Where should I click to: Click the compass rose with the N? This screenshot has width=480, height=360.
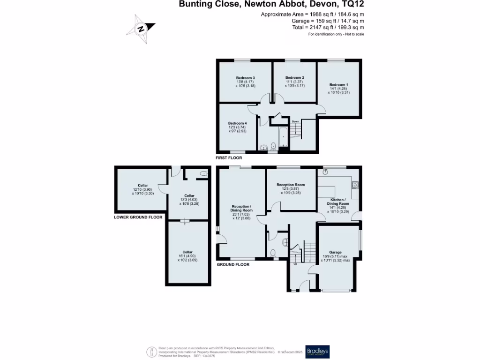(x=141, y=29)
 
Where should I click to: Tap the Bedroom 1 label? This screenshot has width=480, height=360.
(x=338, y=84)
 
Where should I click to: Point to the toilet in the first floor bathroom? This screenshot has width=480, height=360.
(x=274, y=146)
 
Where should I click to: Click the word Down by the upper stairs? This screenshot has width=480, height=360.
(x=295, y=121)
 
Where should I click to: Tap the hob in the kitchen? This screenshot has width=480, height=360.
(x=355, y=184)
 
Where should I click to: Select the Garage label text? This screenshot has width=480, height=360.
(x=335, y=252)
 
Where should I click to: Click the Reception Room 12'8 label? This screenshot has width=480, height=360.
(x=291, y=185)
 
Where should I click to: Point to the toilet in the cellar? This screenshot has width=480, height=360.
(x=203, y=174)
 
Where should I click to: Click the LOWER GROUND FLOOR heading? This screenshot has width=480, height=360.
(x=138, y=217)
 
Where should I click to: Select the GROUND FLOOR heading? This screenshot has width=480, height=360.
(x=233, y=265)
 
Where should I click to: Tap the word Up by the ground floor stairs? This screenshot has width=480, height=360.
(x=295, y=263)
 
